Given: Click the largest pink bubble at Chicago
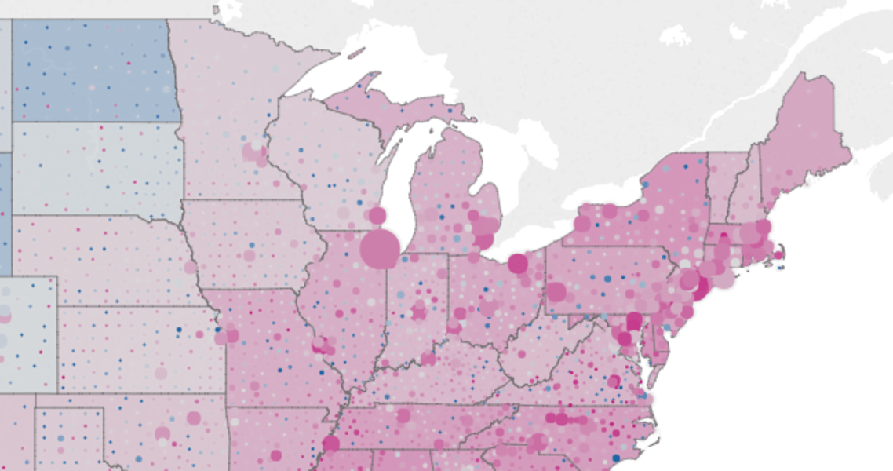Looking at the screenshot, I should pyautogui.click(x=380, y=249).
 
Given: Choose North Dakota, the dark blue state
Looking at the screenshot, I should pyautogui.click(x=94, y=71).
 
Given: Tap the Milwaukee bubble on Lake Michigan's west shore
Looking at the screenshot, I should pyautogui.click(x=377, y=215).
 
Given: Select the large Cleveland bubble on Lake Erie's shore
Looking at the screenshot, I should pyautogui.click(x=517, y=264).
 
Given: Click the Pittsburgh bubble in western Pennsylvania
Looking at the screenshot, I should pyautogui.click(x=556, y=292).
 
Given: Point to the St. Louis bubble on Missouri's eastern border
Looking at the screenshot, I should pyautogui.click(x=319, y=345).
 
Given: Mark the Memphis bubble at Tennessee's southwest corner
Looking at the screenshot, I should pyautogui.click(x=330, y=444).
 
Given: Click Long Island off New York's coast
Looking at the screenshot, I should pyautogui.click(x=726, y=278).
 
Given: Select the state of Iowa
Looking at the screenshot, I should pyautogui.click(x=251, y=243).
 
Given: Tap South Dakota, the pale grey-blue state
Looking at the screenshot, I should pyautogui.click(x=94, y=169).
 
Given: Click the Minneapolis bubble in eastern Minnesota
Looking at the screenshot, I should pyautogui.click(x=251, y=152).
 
